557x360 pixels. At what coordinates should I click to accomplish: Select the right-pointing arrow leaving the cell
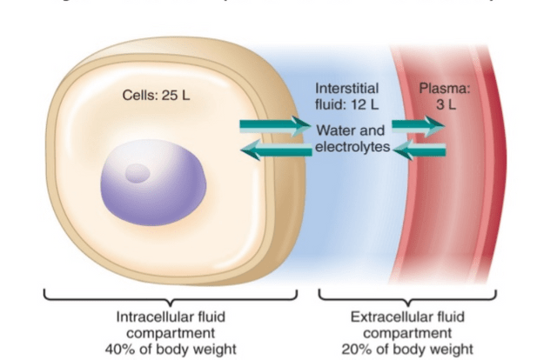point(274,126)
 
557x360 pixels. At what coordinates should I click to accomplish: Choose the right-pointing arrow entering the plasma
point(419,126)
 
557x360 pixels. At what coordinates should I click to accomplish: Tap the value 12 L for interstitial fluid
point(365,104)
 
